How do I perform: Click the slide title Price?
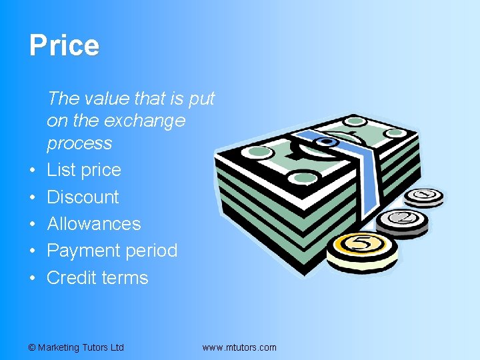64,46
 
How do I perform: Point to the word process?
79,143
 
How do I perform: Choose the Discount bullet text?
83,197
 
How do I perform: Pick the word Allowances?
93,224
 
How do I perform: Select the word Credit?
70,277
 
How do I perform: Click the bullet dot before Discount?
33,198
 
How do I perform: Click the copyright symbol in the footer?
32,347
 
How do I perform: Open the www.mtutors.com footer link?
239,347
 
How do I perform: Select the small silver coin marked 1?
425,196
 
